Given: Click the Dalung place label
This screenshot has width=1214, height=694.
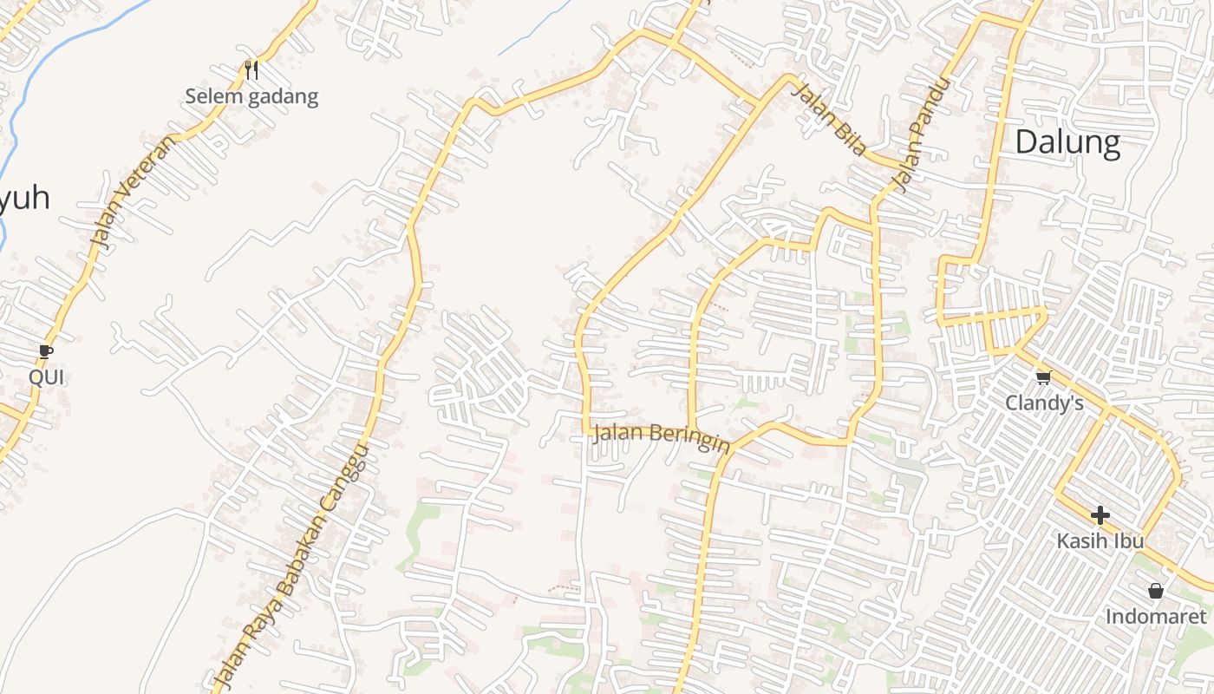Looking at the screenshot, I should click(1067, 141).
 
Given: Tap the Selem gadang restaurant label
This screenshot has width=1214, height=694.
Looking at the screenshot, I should click(251, 96).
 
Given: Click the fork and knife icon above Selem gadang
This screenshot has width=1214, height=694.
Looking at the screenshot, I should click(251, 69).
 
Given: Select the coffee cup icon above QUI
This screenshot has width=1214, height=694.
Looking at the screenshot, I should click(46, 351).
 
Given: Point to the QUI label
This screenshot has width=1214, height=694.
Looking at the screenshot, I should click(46, 377).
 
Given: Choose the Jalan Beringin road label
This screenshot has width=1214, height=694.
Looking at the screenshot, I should click(661, 437).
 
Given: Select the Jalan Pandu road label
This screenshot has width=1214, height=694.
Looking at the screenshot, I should click(920, 134).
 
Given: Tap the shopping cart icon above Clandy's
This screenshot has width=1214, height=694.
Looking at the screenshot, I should click(1043, 377).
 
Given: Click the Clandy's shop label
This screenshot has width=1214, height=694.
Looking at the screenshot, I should click(1044, 403).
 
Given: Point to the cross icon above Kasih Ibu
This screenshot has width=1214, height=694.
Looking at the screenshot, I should click(1100, 515).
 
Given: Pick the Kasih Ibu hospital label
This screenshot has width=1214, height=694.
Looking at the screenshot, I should click(1100, 541).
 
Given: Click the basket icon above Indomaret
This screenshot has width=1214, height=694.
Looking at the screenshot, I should click(1155, 591).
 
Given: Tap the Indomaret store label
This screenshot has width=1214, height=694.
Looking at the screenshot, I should click(1155, 617).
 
